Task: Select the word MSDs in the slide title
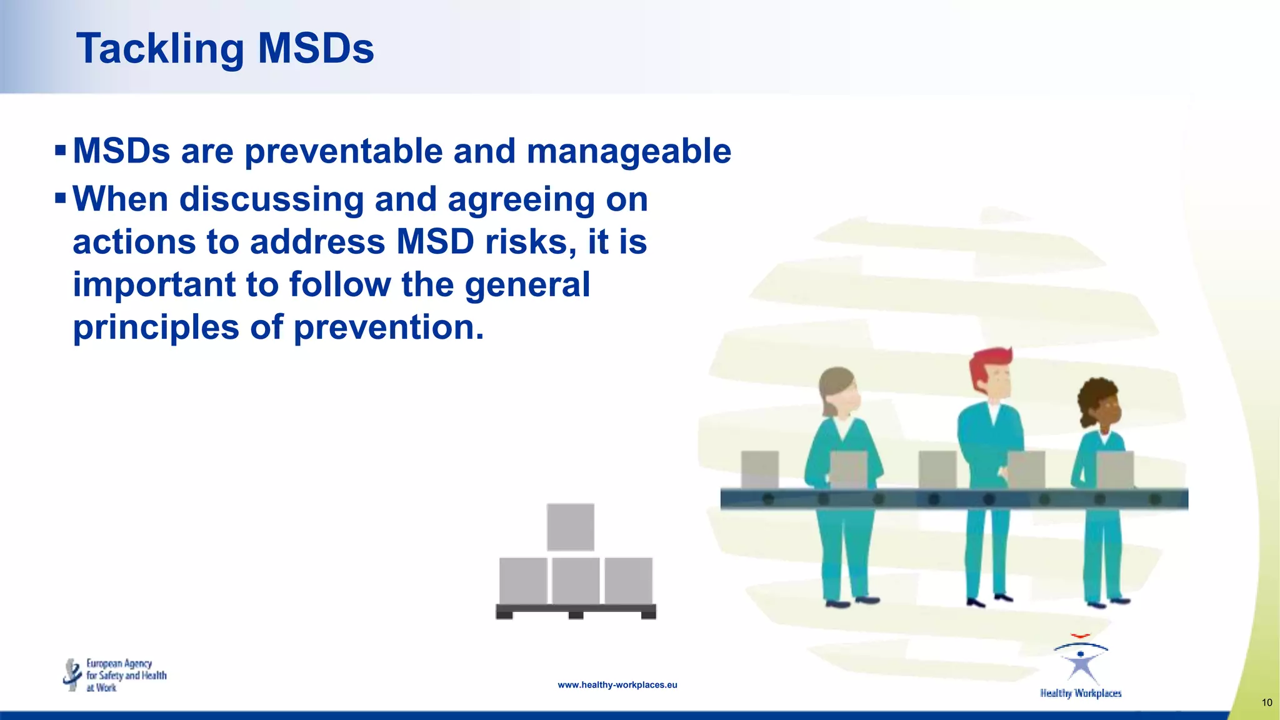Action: [x=316, y=49]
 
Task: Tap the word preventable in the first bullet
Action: [x=343, y=151]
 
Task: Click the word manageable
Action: [x=629, y=151]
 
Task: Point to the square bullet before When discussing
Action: [x=61, y=199]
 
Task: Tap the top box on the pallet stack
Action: [x=570, y=527]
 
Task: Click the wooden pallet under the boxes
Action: [x=576, y=611]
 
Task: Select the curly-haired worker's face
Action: [x=1107, y=409]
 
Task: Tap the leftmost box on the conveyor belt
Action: [x=759, y=469]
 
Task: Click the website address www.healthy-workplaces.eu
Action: [x=617, y=685]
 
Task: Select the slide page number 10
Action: [x=1267, y=702]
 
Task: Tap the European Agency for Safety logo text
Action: [x=126, y=676]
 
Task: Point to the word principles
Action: [x=156, y=327]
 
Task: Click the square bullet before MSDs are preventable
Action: [x=61, y=151]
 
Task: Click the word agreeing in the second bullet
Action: [x=521, y=200]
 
